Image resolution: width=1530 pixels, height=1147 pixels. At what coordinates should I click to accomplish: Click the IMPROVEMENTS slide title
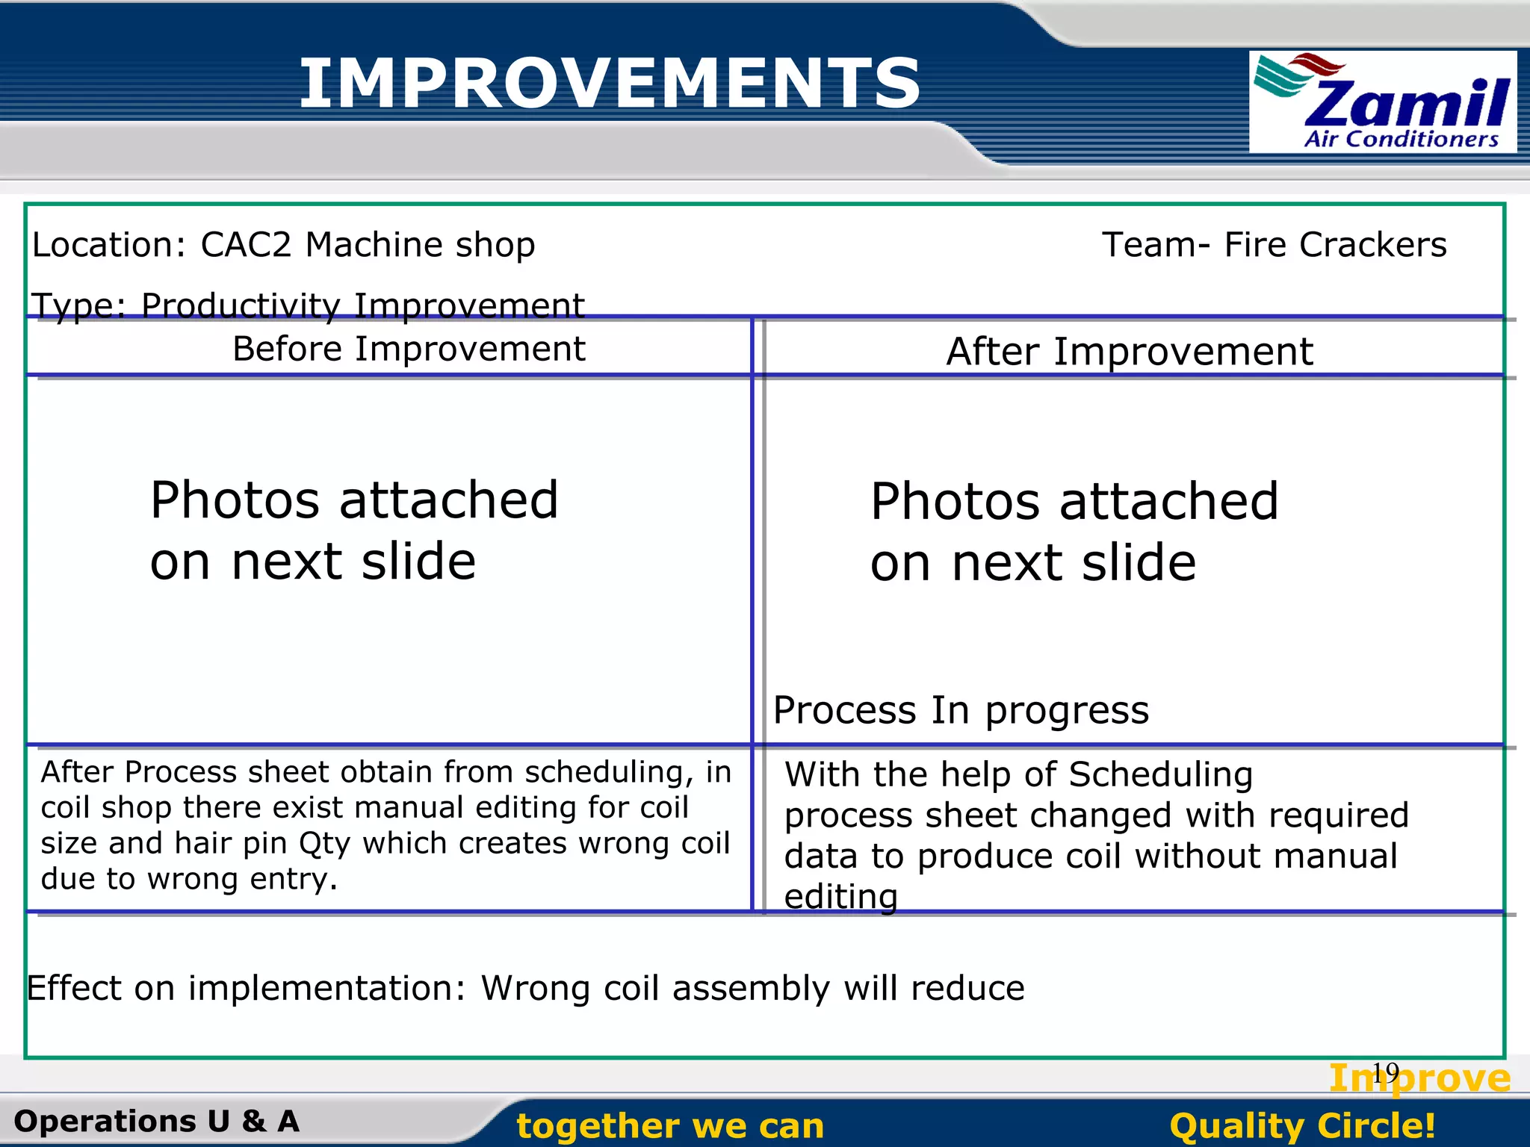(x=610, y=84)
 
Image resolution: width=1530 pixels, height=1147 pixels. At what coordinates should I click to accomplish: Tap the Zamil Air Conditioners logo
(x=1382, y=102)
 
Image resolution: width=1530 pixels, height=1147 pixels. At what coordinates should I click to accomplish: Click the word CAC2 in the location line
(x=246, y=245)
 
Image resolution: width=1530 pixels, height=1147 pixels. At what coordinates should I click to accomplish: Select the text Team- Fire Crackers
(x=1274, y=245)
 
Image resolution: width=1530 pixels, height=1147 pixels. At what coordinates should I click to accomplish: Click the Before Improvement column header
(x=409, y=349)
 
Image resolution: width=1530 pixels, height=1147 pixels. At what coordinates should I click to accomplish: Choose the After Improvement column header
(x=1129, y=351)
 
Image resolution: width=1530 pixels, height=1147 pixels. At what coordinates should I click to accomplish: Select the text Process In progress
(x=960, y=710)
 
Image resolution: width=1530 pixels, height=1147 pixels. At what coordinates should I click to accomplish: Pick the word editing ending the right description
(x=840, y=896)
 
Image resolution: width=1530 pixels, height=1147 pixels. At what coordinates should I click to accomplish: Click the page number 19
(x=1385, y=1072)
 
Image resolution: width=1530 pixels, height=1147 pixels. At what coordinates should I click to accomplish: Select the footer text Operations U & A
(x=156, y=1122)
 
